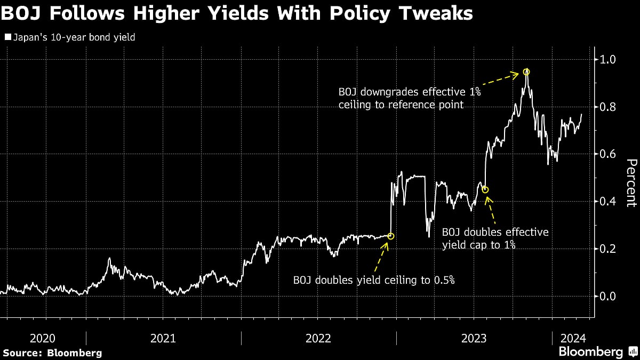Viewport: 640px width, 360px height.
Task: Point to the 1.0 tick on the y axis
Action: pos(608,59)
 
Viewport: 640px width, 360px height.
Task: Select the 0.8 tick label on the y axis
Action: pos(608,107)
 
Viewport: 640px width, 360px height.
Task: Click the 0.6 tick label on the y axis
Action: pos(608,154)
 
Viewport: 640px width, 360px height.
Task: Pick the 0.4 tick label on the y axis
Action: pos(608,202)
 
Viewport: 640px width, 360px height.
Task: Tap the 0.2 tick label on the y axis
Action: pos(608,249)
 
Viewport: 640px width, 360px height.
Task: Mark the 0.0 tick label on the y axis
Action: pos(608,297)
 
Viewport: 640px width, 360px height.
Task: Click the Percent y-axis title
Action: pos(631,182)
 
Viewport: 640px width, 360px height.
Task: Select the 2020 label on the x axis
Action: pos(43,338)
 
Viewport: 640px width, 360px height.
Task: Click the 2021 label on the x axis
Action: pos(163,338)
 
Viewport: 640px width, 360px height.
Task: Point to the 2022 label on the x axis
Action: pos(318,338)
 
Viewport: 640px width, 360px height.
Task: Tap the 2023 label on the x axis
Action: pos(474,338)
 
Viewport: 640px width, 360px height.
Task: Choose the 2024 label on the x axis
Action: pos(572,338)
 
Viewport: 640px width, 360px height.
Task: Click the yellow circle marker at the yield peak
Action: pos(526,71)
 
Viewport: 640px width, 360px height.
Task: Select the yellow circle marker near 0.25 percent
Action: pos(390,236)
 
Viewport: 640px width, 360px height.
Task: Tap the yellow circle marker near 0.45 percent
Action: pos(485,190)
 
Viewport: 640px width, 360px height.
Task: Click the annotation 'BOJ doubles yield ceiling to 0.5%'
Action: pos(373,280)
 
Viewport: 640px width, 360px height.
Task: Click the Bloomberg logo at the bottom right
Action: pos(590,352)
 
